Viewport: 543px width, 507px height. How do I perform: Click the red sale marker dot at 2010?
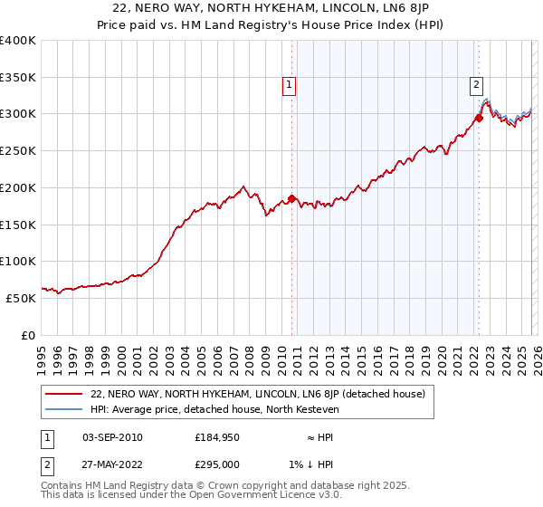tap(291, 198)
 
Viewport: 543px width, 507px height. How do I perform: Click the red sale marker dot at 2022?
tap(479, 117)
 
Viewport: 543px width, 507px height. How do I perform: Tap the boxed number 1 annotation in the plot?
tap(289, 86)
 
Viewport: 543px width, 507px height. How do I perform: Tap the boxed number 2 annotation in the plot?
tap(476, 86)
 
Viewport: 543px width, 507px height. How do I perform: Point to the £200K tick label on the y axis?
tap(18, 187)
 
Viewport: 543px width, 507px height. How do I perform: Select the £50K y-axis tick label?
tap(21, 298)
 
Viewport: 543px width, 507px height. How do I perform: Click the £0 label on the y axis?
tap(29, 335)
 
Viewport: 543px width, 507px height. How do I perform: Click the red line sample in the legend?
tap(64, 394)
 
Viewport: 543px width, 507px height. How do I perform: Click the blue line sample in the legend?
tap(64, 409)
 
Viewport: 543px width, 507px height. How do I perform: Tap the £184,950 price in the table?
tap(218, 437)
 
